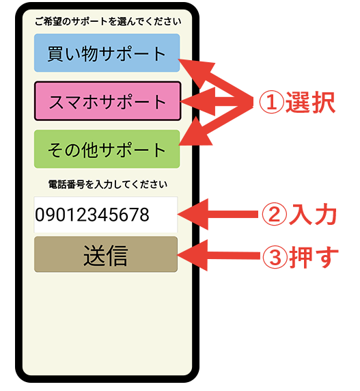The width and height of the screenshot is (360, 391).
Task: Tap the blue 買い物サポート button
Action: click(x=107, y=53)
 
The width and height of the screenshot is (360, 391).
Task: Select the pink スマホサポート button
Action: click(x=108, y=101)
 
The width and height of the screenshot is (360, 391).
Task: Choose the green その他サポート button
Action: click(x=107, y=149)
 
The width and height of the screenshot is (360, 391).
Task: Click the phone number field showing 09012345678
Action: click(x=106, y=215)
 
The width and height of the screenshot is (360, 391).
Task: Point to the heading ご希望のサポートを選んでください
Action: click(x=108, y=22)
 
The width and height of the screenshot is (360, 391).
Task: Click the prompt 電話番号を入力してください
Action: click(x=108, y=185)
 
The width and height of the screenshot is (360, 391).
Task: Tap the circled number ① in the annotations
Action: click(x=272, y=102)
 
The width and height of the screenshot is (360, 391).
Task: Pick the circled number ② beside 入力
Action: click(x=275, y=215)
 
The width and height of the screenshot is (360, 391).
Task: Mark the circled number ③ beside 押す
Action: click(x=275, y=256)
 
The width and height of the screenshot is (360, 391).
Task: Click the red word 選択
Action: click(x=310, y=103)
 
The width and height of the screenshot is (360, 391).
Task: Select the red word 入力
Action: click(x=313, y=215)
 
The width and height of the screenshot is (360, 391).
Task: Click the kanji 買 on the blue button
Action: click(x=55, y=53)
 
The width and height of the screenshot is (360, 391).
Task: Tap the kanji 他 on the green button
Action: click(x=89, y=150)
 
